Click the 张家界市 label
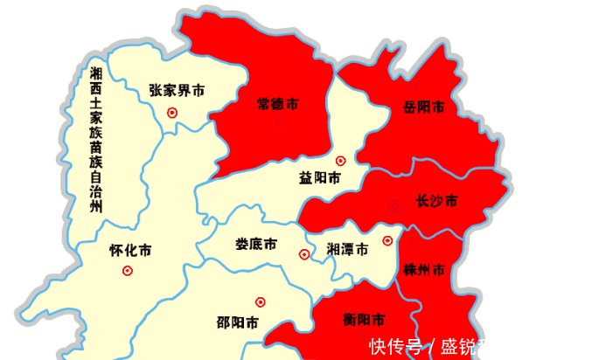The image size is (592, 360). tap(177, 90)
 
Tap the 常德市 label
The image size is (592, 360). tap(277, 104)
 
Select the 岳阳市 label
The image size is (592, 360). tap(423, 107)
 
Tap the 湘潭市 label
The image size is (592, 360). tap(346, 248)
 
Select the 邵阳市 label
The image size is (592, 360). tap(237, 322)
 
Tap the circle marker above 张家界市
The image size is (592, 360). tap(172, 112)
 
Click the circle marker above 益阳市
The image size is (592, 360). tap(340, 161)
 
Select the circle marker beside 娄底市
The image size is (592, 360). tap(304, 255)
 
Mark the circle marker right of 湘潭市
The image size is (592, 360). tap(387, 240)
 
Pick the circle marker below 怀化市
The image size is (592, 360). tap(128, 271)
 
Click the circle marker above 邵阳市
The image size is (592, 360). tap(260, 302)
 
